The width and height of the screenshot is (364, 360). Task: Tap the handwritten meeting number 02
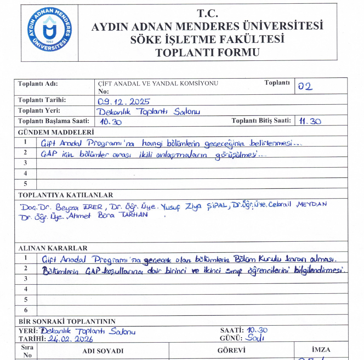305,87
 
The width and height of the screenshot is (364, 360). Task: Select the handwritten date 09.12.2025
124,102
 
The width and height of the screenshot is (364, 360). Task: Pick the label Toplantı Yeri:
39,110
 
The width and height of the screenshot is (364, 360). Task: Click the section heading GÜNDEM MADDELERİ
56,132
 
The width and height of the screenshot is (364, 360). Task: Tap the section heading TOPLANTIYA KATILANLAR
65,195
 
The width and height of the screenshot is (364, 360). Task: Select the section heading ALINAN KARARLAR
53,248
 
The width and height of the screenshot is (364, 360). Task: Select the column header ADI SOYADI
103,351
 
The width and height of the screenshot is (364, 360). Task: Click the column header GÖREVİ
231,350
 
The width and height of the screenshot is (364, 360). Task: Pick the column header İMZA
321,350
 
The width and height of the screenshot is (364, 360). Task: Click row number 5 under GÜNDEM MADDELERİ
26,183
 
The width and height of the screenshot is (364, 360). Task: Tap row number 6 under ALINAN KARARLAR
26,310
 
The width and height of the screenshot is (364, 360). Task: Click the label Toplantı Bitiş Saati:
261,121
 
